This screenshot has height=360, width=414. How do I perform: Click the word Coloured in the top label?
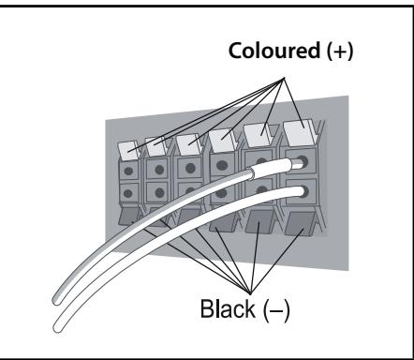274,51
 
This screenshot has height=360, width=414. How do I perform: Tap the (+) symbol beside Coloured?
340,52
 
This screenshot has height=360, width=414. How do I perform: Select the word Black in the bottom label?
228,308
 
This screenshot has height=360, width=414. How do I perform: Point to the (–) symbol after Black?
276,309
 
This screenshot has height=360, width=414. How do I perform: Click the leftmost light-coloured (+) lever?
128,151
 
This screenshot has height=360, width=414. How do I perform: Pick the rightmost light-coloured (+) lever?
299,133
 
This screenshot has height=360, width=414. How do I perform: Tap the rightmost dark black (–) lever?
299,224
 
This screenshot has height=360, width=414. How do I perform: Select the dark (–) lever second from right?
259,221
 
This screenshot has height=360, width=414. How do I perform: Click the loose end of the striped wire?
57,300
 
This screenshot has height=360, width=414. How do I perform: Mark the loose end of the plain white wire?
58,327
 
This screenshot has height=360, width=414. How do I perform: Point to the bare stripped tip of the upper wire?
297,163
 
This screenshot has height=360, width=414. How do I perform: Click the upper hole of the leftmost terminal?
128,171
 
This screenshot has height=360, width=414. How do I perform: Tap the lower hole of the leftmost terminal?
127,193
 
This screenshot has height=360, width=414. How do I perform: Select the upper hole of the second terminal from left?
159,170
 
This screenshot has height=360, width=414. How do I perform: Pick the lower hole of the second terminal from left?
159,192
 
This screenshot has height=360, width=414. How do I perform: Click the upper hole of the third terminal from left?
190,169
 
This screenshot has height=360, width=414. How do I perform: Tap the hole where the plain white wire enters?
303,191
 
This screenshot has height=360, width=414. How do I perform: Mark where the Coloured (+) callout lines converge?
284,78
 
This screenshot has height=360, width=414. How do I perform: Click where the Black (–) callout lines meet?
250,294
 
